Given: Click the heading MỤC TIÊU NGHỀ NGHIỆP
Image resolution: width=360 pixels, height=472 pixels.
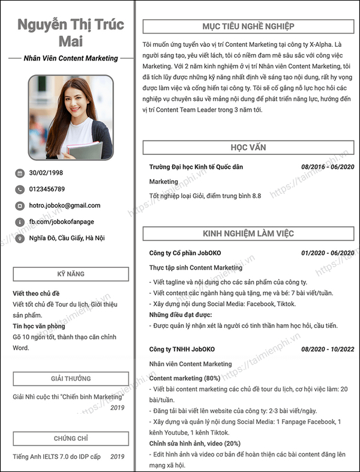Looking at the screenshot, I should pos(248,26).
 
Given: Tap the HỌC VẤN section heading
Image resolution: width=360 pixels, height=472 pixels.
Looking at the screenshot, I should pos(248,147).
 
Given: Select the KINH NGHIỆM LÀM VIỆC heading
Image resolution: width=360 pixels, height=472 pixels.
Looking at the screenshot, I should pos(248,233).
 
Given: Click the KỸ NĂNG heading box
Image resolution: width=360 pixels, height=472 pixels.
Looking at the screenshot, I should pos(71,274).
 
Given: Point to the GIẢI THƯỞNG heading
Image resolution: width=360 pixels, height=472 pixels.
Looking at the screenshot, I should pos(71,379).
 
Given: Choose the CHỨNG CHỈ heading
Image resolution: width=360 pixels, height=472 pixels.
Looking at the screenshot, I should pos(71,439).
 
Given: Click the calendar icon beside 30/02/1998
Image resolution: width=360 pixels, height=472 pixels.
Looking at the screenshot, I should pos(20,173).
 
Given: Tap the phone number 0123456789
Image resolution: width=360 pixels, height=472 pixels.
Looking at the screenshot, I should pos(47,189).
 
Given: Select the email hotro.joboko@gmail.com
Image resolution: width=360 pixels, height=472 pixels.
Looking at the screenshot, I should pos(65,205).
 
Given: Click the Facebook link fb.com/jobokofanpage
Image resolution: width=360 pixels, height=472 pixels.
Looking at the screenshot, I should pos(62,222).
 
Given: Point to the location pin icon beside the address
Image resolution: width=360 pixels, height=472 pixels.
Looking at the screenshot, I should pos(20,238).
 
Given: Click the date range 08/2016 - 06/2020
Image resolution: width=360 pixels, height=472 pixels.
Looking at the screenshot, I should pos(328,167).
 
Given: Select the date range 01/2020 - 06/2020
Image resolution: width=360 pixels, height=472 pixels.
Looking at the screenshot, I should pos(328,253).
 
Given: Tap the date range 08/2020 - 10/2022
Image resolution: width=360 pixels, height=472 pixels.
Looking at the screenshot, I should pos(328,349).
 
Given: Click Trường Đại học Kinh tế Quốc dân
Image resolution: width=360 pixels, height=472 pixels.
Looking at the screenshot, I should pos(196,167).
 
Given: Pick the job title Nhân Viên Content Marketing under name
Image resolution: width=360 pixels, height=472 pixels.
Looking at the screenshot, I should pos(71,58).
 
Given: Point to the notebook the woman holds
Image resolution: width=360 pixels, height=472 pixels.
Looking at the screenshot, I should pos(86,150).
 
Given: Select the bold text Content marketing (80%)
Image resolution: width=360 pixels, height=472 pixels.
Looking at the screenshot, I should pos(184,379).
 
